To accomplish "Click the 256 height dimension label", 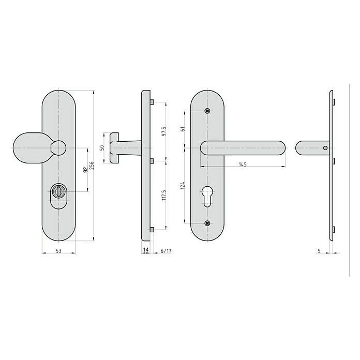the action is click(x=92, y=166).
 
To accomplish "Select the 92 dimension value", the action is click(x=85, y=170).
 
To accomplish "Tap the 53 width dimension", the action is click(x=58, y=251).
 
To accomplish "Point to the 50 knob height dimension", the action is click(x=102, y=147).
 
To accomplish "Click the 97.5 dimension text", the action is click(x=163, y=131).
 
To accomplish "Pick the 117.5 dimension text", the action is click(x=163, y=195).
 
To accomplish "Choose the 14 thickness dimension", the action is click(x=146, y=249).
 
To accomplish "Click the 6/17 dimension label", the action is click(x=166, y=251).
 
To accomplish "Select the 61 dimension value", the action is click(x=183, y=129).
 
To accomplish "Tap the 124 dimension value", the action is click(x=183, y=185).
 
